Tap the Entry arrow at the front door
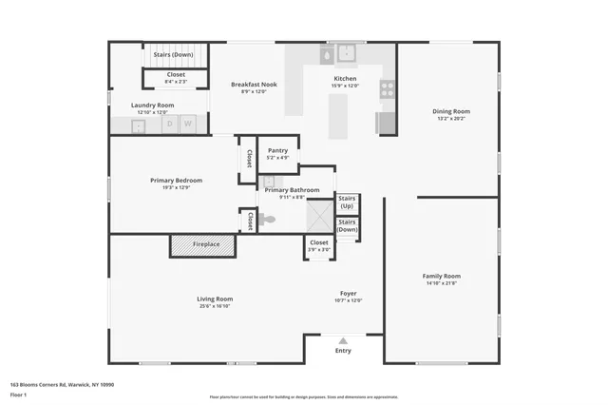[x=343, y=340]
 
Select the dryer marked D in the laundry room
[x=171, y=124]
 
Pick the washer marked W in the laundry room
[x=188, y=124]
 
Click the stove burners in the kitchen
[x=388, y=89]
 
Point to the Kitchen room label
[x=345, y=79]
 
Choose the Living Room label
[x=215, y=299]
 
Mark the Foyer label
[x=349, y=294]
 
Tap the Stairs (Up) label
[x=347, y=202]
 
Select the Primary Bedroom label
[x=176, y=181]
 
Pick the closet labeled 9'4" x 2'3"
[x=177, y=77]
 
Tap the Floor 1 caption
[x=18, y=394]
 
